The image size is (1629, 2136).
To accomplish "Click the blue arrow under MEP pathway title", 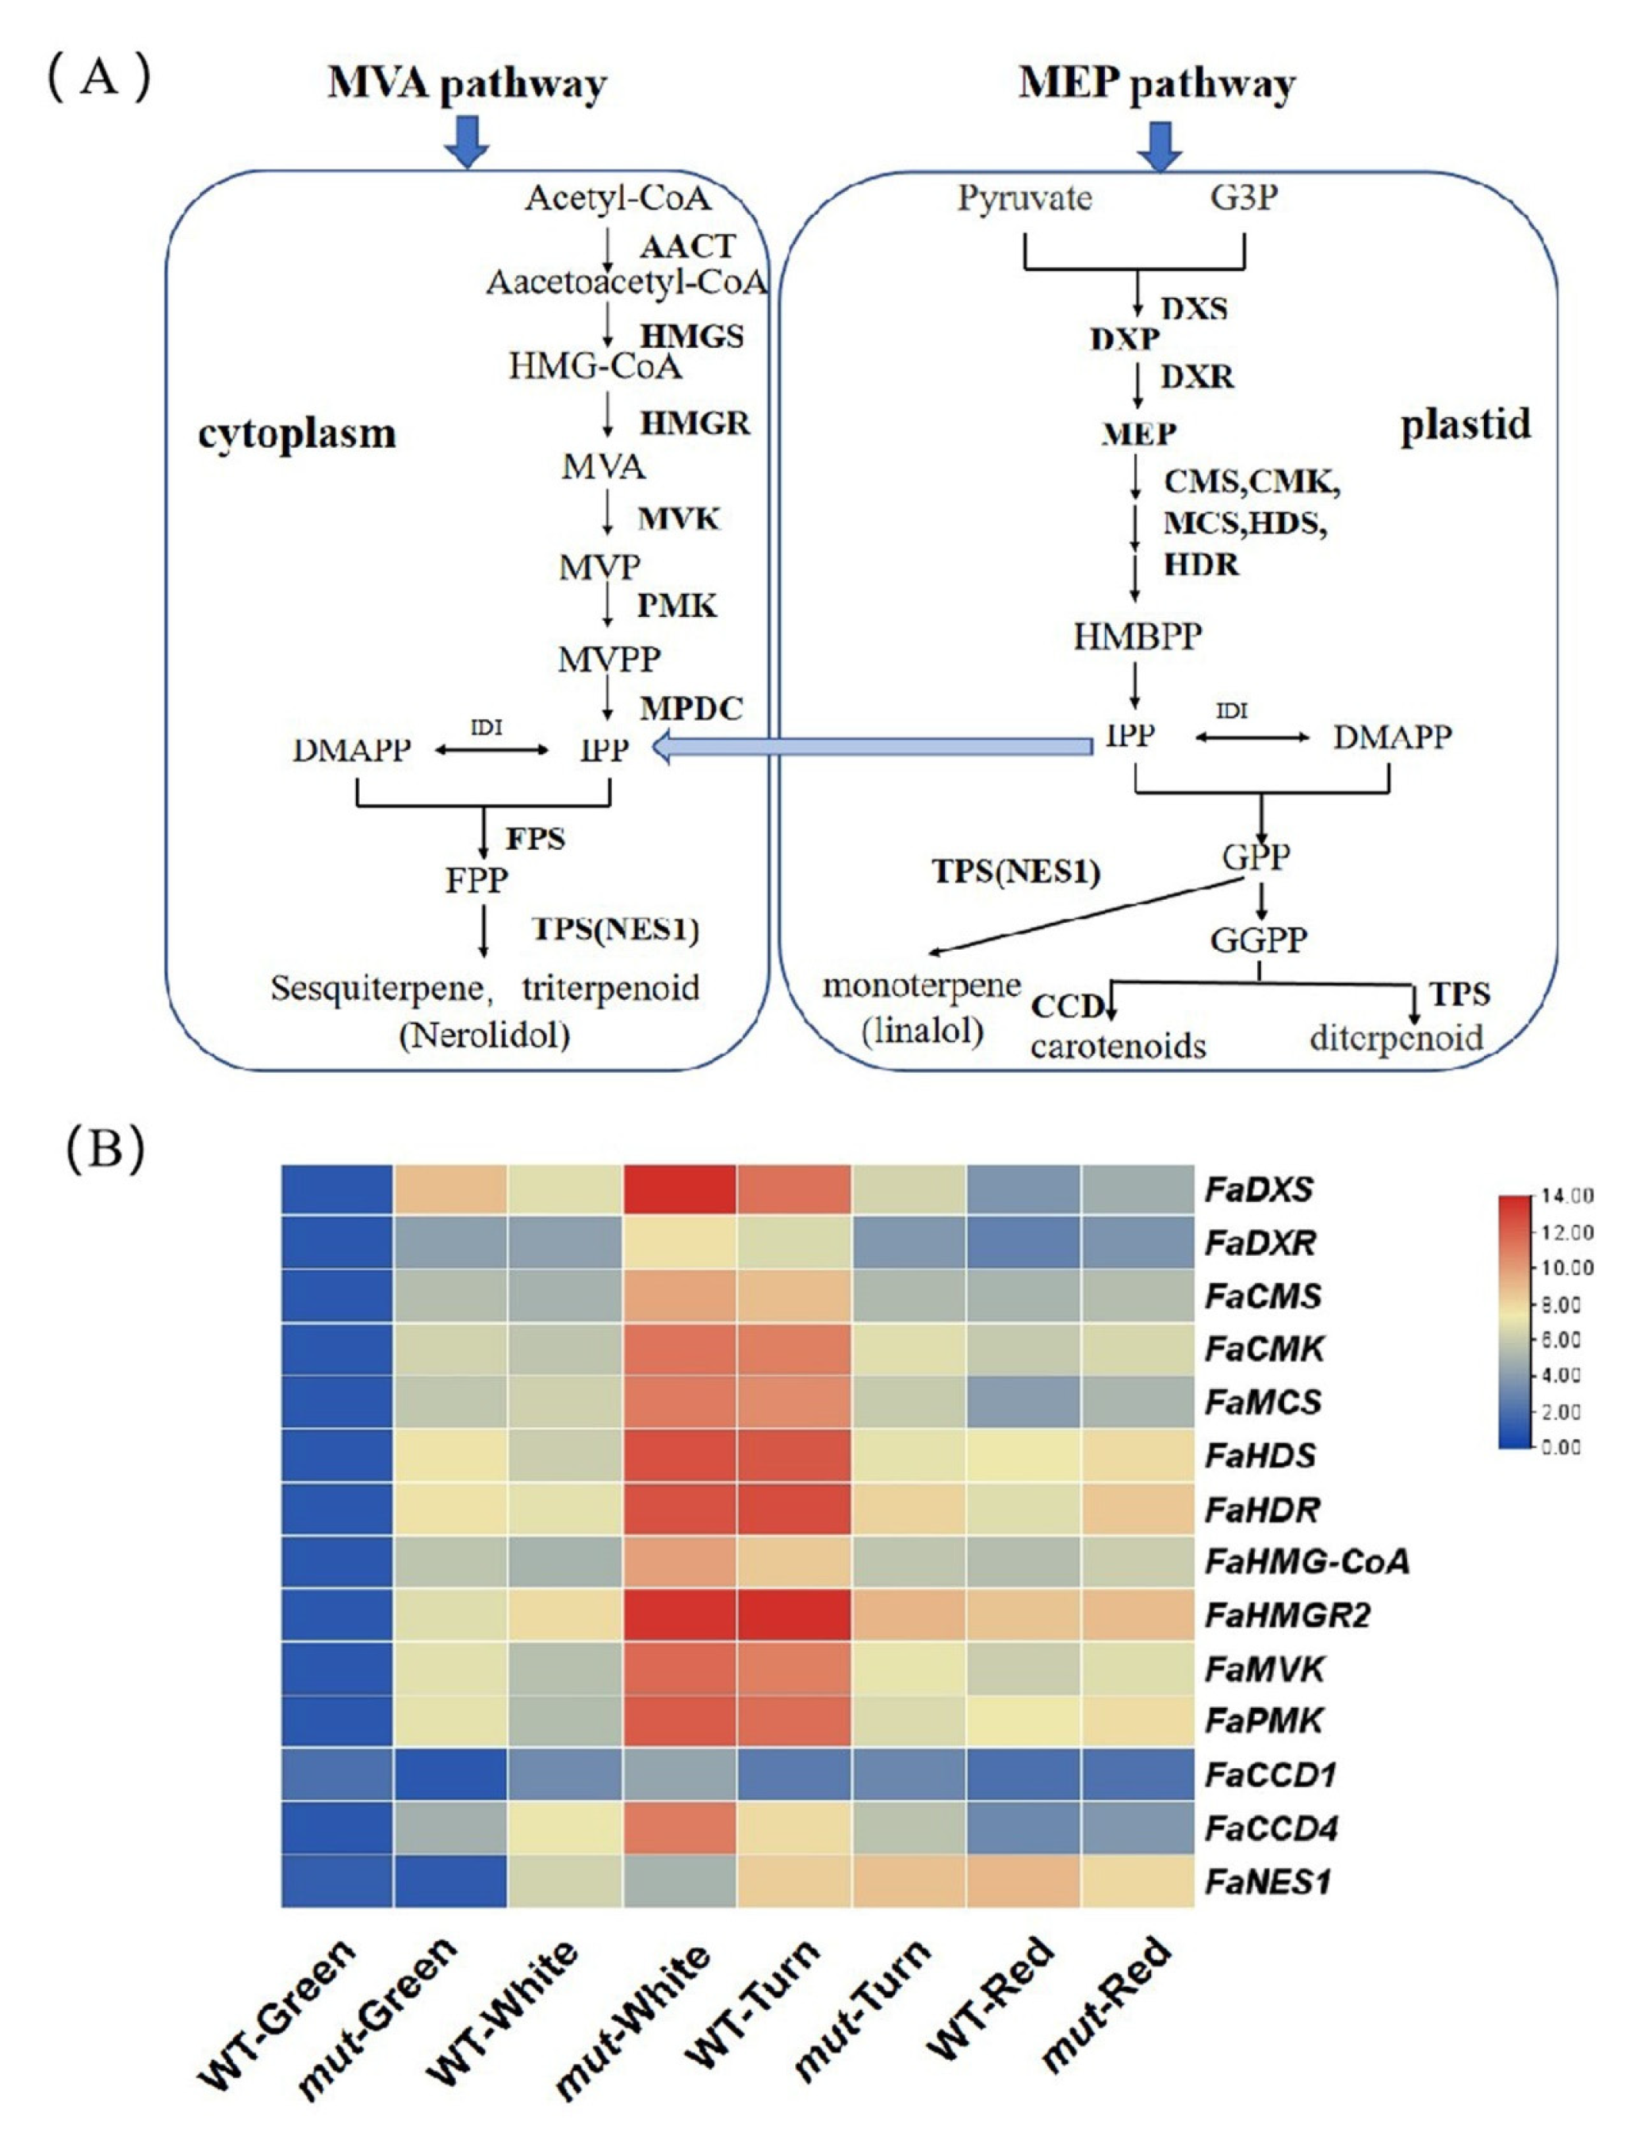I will (x=1159, y=144).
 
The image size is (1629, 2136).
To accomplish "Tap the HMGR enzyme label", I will (x=694, y=423).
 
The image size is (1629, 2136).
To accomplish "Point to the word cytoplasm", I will (x=296, y=434).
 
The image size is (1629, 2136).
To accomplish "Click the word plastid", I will (x=1465, y=425).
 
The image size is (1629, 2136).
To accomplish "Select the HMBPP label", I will (x=1138, y=636).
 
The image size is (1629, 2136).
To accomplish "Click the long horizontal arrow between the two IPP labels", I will (x=873, y=747).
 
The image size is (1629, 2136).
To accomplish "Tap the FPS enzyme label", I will (x=535, y=839).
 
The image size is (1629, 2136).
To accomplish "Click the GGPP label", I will (x=1259, y=940).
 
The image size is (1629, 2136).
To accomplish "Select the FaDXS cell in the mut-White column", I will (x=679, y=1189).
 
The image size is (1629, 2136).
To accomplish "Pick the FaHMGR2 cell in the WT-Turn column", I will (x=793, y=1614).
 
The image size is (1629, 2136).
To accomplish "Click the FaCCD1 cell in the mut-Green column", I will (x=450, y=1774).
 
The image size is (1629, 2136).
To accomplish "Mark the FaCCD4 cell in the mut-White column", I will (x=679, y=1828).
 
